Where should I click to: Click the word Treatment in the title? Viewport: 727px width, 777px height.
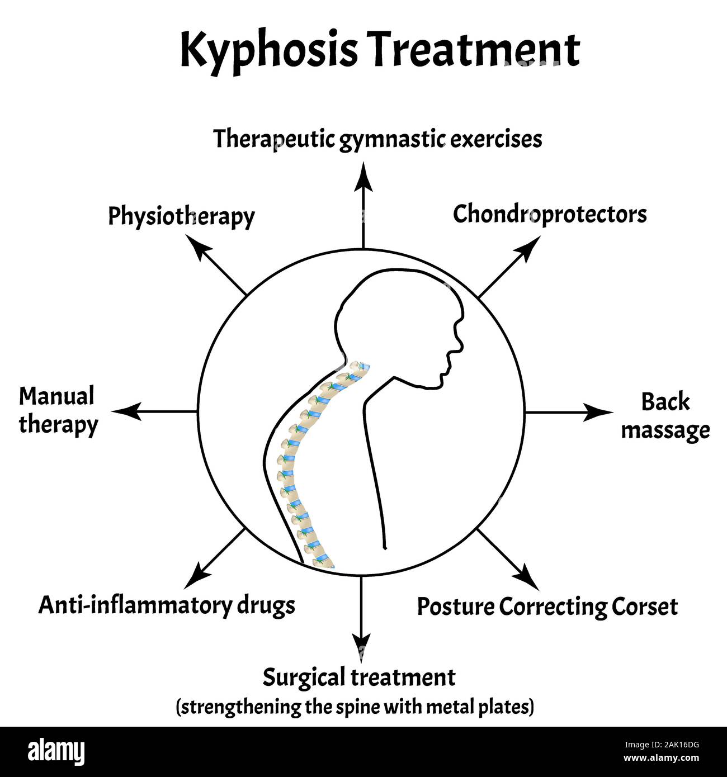474,50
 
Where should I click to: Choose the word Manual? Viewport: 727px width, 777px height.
57,396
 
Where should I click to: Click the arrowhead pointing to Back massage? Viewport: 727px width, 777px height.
598,413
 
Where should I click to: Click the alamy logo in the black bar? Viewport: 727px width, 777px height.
56,752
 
